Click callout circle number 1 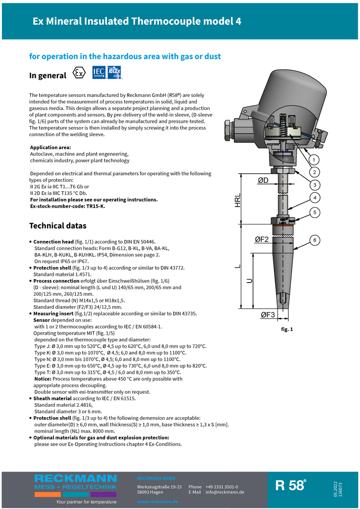click(x=314, y=159)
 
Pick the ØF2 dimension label click(x=262, y=240)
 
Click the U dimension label click(x=249, y=281)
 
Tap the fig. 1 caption click(x=287, y=329)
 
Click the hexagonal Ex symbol click(x=79, y=73)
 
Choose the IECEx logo click(x=114, y=73)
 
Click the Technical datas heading click(x=58, y=226)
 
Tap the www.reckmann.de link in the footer click(x=157, y=502)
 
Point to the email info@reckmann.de click(x=225, y=492)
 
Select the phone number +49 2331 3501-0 click(x=221, y=487)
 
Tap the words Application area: click(x=51, y=147)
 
